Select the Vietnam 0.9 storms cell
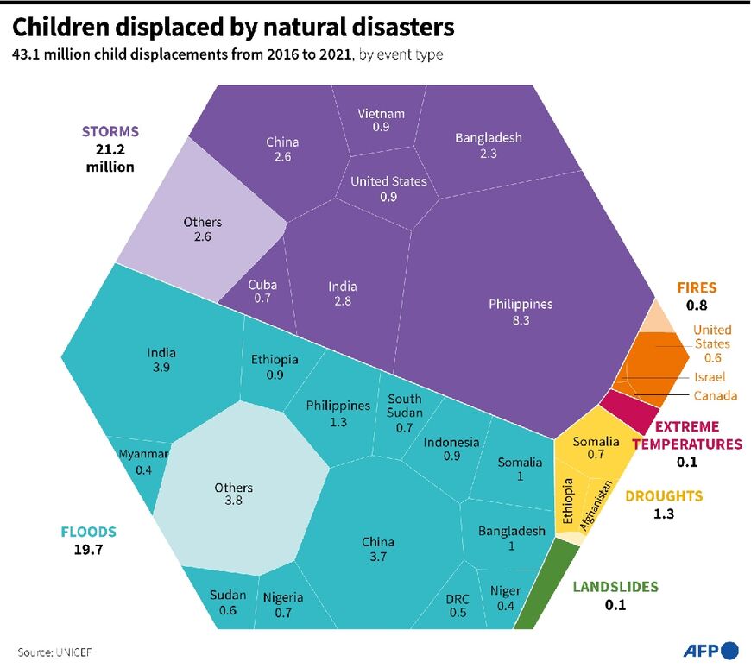pyautogui.click(x=381, y=121)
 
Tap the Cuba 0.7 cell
pyautogui.click(x=262, y=291)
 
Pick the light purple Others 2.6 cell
pyautogui.click(x=202, y=229)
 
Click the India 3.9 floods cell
pyautogui.click(x=161, y=359)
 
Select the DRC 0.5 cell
pyautogui.click(x=457, y=604)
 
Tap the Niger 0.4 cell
pyautogui.click(x=505, y=598)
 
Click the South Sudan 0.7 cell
pyautogui.click(x=404, y=413)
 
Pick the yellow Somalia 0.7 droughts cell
pyautogui.click(x=596, y=447)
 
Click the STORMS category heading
pyautogui.click(x=110, y=132)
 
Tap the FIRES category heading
pyautogui.click(x=696, y=287)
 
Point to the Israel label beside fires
pyautogui.click(x=709, y=377)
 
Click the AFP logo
pyautogui.click(x=711, y=650)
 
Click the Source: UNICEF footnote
pyautogui.click(x=54, y=652)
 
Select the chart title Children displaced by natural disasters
pyautogui.click(x=233, y=28)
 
